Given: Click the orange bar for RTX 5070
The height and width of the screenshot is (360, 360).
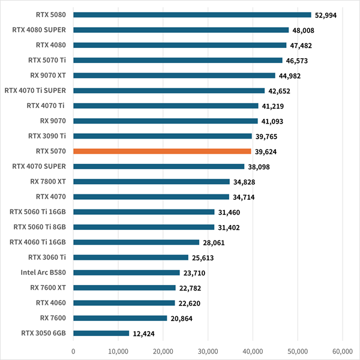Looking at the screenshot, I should pos(162,151).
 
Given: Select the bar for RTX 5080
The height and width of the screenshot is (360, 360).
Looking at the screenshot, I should pos(192,15).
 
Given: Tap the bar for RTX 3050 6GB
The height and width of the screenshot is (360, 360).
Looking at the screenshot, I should pos(101,333).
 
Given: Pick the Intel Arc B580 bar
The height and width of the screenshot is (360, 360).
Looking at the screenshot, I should pos(127,272).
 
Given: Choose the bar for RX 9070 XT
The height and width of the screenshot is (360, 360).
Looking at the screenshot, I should pos(174,76).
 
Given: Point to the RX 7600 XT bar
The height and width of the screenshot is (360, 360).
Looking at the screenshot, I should pos(124,287).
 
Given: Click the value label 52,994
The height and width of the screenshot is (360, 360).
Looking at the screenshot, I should pos(327,15).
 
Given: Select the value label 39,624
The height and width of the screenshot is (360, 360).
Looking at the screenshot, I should pos(267,151).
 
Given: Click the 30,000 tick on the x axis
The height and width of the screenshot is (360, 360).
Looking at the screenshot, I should pos(208,352).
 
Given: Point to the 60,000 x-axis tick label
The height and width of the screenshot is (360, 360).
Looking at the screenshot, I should pos(342,352).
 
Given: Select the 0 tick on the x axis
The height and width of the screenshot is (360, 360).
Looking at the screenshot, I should pos(73,352).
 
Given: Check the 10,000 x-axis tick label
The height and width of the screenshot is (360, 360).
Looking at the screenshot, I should pos(118,352).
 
